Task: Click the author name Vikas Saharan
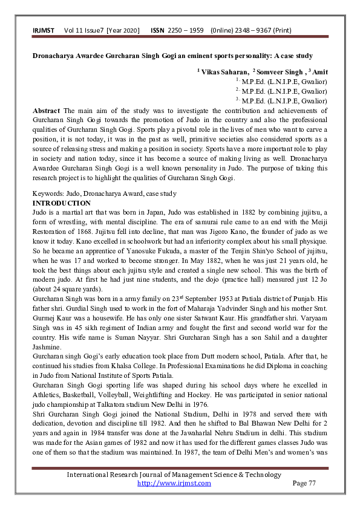pyautogui.click(x=223, y=71)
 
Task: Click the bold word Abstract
pyautogui.click(x=47, y=111)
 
